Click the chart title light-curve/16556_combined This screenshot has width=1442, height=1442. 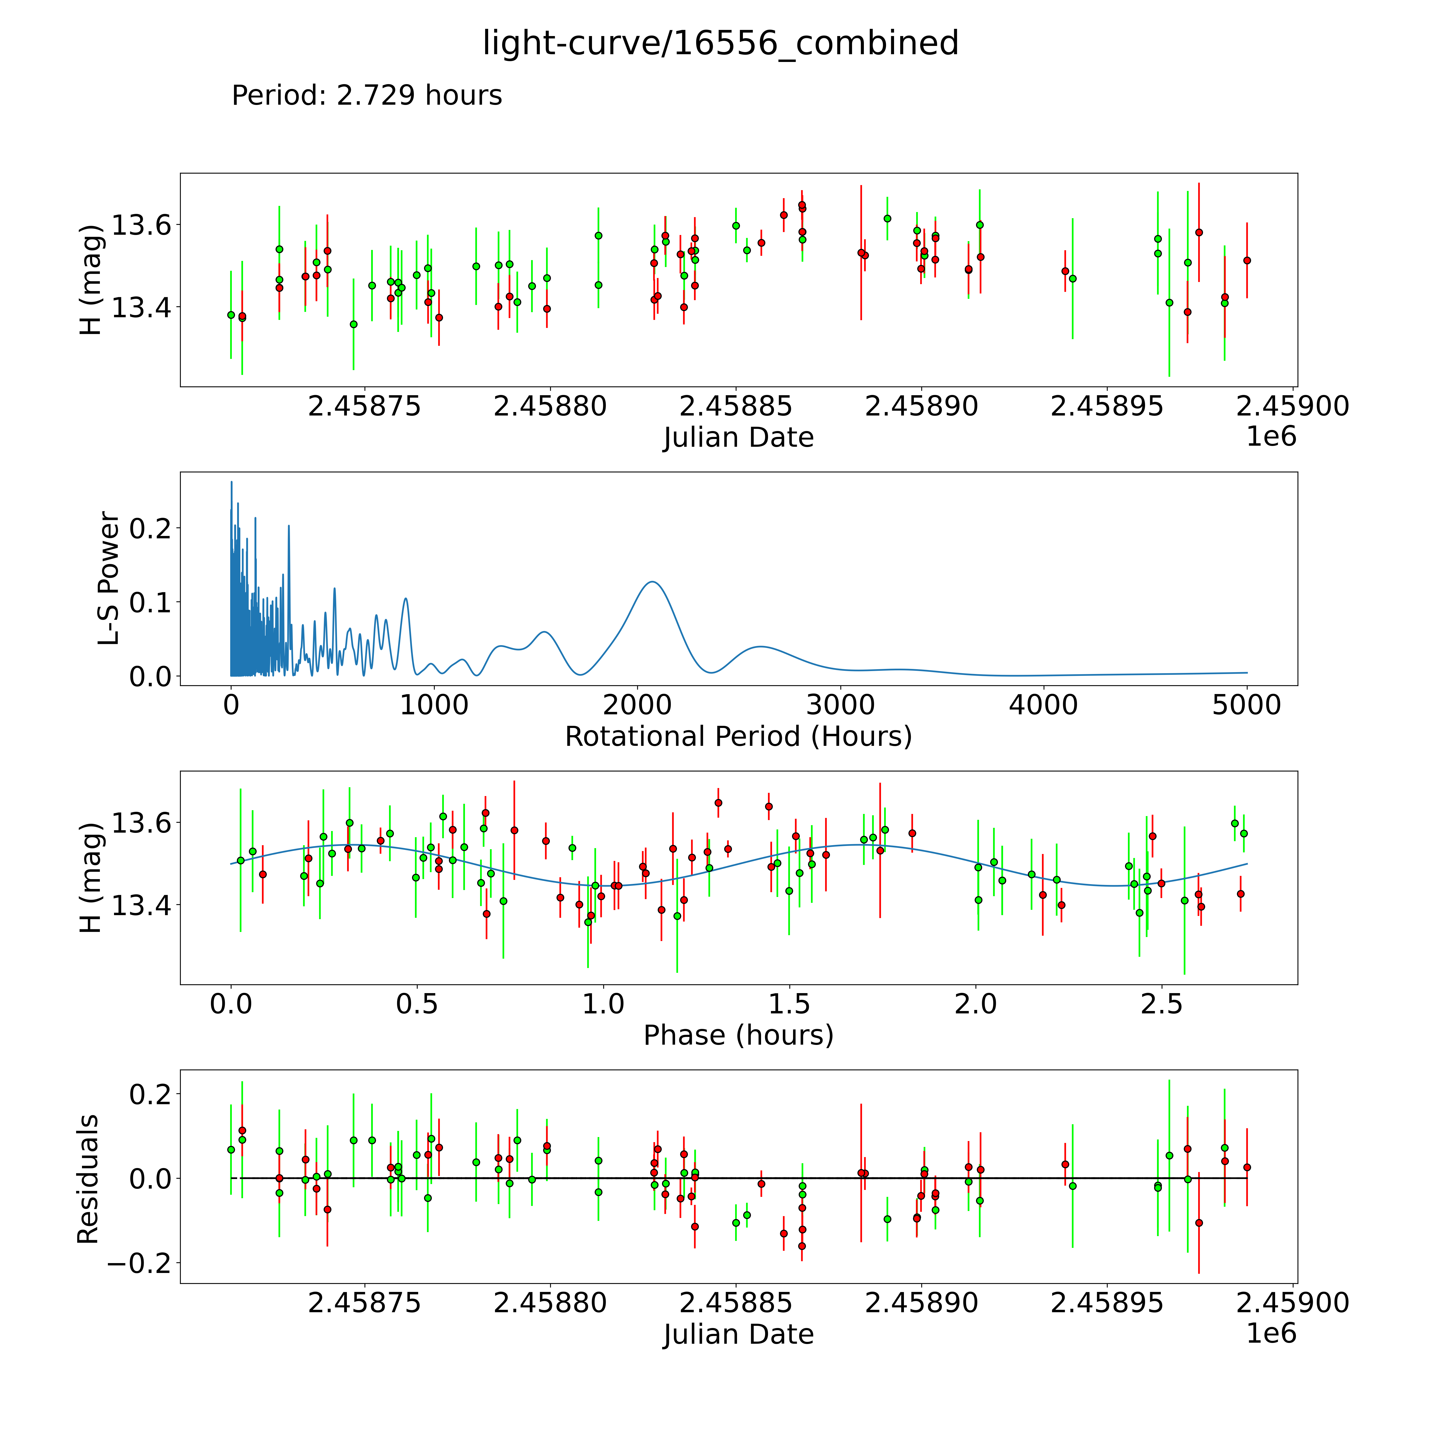(x=720, y=43)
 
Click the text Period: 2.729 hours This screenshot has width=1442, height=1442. (x=366, y=96)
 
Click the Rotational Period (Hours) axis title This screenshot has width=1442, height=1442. (x=738, y=737)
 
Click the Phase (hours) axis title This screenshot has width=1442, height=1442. (x=738, y=1035)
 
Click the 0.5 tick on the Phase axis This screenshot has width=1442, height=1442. (x=417, y=1004)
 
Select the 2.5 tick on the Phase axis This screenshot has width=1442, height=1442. (x=1161, y=1004)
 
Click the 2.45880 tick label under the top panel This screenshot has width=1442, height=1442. (x=550, y=407)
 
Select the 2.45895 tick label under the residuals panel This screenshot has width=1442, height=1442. (x=1107, y=1302)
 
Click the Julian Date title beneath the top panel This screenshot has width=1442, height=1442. (x=738, y=437)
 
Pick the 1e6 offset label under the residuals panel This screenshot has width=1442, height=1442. (x=1271, y=1333)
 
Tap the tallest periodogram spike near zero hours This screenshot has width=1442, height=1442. (x=231, y=483)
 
